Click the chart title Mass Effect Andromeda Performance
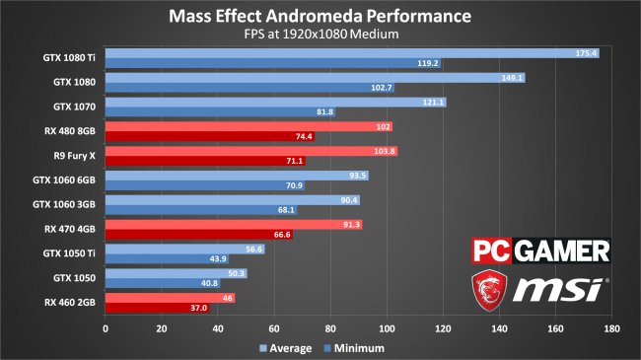[320, 17]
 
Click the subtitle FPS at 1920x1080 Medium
[320, 36]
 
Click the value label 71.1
[295, 161]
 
